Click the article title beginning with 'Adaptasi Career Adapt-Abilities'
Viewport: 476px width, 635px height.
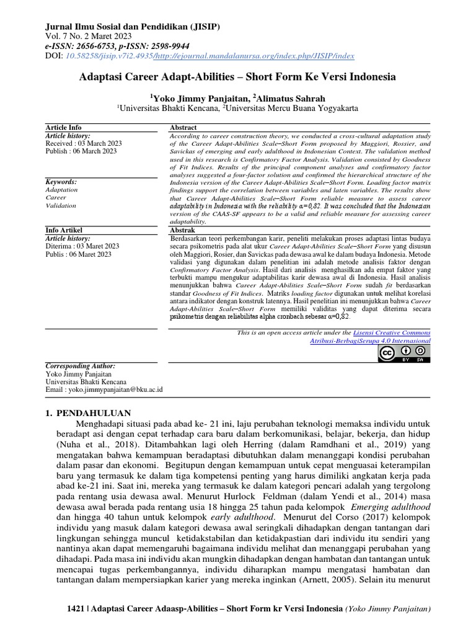pyautogui.click(x=237, y=78)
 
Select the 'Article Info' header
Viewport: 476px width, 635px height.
pyautogui.click(x=64, y=127)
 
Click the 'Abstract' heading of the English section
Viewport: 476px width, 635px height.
pyautogui.click(x=183, y=127)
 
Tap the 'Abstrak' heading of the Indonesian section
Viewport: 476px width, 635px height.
pyautogui.click(x=182, y=230)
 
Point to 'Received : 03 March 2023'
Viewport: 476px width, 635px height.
pyautogui.click(x=84, y=143)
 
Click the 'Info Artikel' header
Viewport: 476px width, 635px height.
pyautogui.click(x=65, y=230)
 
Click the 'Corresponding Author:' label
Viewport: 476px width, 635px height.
pyautogui.click(x=81, y=366)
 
